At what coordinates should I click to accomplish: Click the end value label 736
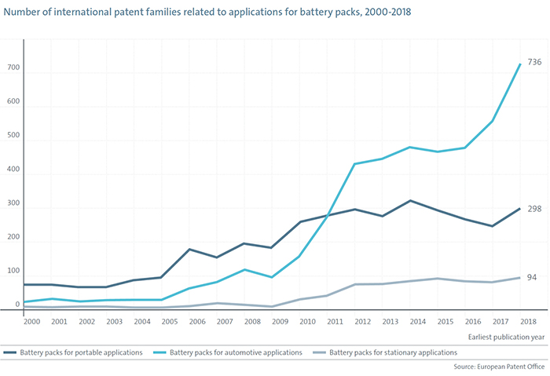(x=534, y=62)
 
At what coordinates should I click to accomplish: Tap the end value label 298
(x=534, y=209)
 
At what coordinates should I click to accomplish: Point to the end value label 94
(x=532, y=278)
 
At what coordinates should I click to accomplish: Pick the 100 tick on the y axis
(x=12, y=271)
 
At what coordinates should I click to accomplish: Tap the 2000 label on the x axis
(x=32, y=322)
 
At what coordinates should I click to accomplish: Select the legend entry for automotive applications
(x=235, y=353)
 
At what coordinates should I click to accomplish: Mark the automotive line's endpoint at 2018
(x=519, y=64)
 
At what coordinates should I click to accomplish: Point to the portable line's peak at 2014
(x=409, y=200)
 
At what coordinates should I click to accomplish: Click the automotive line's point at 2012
(x=354, y=164)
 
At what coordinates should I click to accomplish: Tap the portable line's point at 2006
(x=190, y=250)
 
